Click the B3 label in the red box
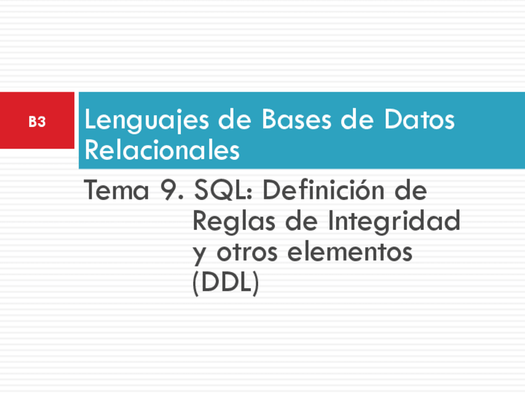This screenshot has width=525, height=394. click(x=37, y=122)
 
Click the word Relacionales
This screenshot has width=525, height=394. click(x=162, y=151)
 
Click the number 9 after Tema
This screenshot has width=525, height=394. click(x=170, y=191)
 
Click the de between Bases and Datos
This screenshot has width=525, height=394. click(x=358, y=120)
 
